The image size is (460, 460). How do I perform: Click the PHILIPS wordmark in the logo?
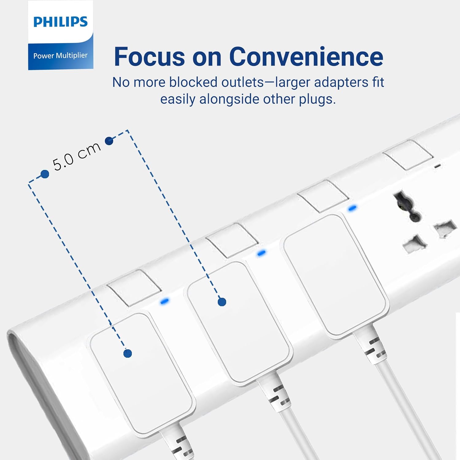point(60,22)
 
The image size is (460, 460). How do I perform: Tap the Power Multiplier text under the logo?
point(60,56)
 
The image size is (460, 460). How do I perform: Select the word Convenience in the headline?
point(306,57)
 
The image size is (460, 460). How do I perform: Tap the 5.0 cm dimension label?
point(77,156)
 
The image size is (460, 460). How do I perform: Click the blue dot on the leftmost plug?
point(128,353)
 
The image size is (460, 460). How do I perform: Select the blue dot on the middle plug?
point(222,302)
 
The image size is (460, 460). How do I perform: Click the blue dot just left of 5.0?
point(45,174)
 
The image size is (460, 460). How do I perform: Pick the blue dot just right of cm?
point(109,141)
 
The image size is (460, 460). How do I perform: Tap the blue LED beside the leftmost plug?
point(164,301)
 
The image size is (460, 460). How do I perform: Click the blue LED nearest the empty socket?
point(352,208)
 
